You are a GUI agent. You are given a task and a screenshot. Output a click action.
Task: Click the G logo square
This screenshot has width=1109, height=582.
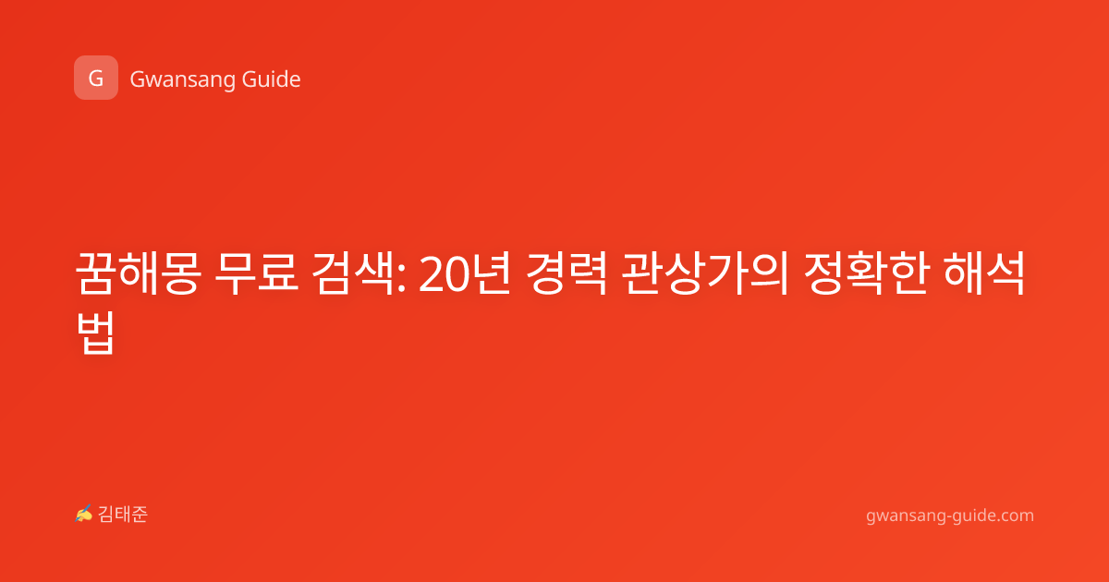click(x=96, y=78)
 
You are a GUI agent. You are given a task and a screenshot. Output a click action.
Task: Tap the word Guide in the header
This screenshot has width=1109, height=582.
click(x=272, y=79)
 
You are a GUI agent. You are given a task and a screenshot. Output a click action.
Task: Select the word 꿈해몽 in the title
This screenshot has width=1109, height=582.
click(x=138, y=273)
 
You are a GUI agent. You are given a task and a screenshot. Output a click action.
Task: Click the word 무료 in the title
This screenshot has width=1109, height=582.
click(x=257, y=273)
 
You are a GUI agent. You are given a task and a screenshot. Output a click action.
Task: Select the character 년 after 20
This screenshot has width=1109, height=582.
click(x=491, y=273)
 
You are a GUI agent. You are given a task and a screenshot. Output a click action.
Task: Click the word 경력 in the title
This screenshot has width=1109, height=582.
click(x=566, y=273)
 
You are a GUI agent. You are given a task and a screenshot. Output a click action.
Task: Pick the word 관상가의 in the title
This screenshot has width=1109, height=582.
click(x=704, y=273)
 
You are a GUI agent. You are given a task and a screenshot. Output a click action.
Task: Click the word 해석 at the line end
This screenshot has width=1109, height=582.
click(x=983, y=273)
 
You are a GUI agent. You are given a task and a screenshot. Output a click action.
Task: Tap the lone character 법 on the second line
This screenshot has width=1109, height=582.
click(x=95, y=333)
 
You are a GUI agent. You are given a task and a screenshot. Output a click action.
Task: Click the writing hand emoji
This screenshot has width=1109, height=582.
click(x=84, y=514)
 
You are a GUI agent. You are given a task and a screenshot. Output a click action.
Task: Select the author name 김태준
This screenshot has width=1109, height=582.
click(x=123, y=515)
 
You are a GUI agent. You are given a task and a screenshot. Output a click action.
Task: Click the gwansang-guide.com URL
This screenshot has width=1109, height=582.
click(x=950, y=515)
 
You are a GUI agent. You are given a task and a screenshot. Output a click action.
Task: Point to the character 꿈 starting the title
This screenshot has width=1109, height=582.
click(x=96, y=273)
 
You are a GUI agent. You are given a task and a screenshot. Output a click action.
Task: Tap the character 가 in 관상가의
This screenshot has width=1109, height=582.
click(x=725, y=273)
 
